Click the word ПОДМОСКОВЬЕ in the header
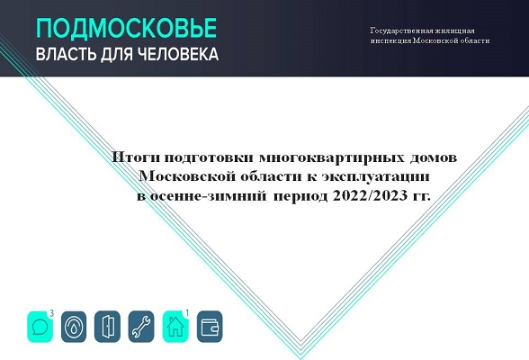126,28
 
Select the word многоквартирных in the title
332,157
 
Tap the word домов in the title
434,157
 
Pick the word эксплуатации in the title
375,176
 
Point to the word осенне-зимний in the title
208,196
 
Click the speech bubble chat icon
40,327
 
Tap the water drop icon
74,327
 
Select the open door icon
107,327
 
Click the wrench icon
141,327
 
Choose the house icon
175,327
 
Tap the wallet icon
210,327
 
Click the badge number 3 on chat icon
51,313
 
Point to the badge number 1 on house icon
187,313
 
